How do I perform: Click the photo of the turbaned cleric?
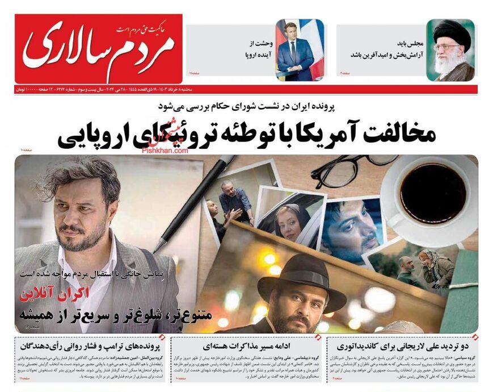point(450,50)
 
